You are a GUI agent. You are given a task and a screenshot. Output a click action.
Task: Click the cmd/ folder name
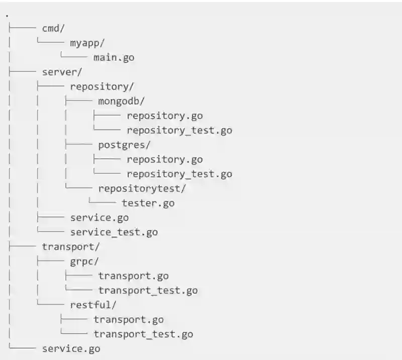(53, 28)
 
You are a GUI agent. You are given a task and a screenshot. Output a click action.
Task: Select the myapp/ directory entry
(87, 43)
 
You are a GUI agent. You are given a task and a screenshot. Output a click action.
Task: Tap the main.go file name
(114, 57)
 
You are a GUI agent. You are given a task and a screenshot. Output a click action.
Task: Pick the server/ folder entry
(62, 72)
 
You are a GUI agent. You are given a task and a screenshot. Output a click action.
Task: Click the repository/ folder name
(102, 86)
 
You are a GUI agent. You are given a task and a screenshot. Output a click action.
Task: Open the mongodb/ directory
(121, 101)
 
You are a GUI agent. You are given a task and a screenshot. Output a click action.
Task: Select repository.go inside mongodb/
(164, 116)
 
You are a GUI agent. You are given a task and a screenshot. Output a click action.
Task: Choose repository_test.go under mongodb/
(179, 130)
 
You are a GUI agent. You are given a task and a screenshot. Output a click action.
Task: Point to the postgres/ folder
(125, 145)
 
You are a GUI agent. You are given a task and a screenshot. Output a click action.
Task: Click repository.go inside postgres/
(164, 159)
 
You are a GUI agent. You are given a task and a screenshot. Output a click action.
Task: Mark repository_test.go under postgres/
(179, 174)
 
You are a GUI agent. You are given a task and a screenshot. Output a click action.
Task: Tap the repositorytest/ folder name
(142, 189)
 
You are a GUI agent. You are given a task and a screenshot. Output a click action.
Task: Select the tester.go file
(148, 203)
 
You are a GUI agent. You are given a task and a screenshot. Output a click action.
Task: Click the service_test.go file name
(114, 232)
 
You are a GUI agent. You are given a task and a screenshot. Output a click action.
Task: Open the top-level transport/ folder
(71, 247)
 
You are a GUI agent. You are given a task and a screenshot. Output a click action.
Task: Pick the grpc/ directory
(84, 261)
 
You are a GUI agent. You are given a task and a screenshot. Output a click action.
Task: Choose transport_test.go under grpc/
(148, 291)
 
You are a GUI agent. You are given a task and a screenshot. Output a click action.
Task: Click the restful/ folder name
(93, 305)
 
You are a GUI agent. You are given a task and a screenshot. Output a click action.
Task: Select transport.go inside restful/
(129, 320)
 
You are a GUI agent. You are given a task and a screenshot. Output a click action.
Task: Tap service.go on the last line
(71, 349)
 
